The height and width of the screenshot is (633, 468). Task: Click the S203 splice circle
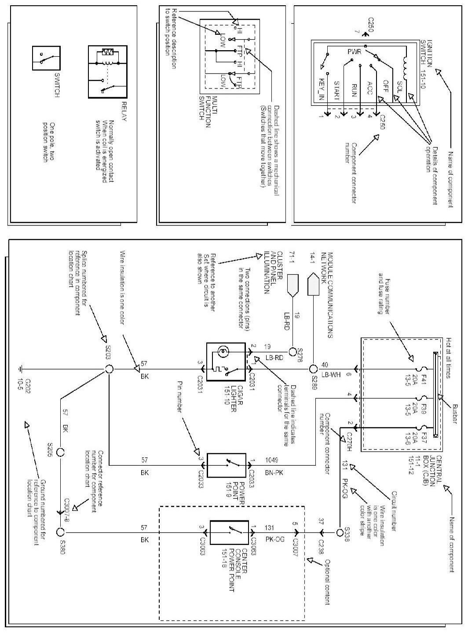point(108,369)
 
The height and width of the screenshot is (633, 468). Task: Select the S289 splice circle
point(313,369)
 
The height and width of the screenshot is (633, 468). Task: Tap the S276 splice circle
point(293,352)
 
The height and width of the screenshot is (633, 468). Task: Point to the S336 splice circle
point(340,532)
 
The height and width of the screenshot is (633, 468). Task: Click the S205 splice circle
point(60,453)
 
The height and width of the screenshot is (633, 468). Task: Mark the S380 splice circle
point(60,532)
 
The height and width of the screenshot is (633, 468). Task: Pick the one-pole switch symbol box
point(46,58)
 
